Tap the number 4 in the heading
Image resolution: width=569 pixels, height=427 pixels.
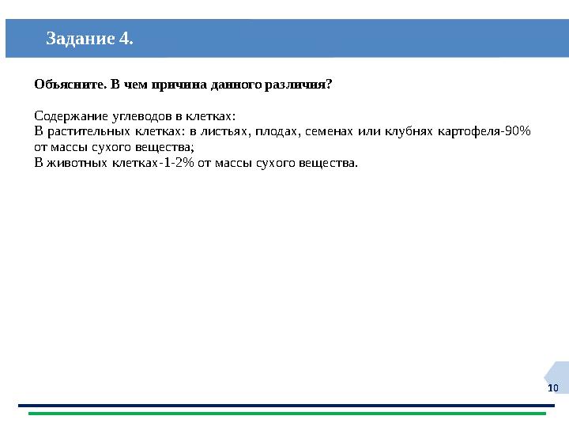tap(126, 38)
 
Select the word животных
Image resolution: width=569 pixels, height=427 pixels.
tap(79, 163)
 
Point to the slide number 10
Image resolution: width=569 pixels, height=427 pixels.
tap(552, 388)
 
